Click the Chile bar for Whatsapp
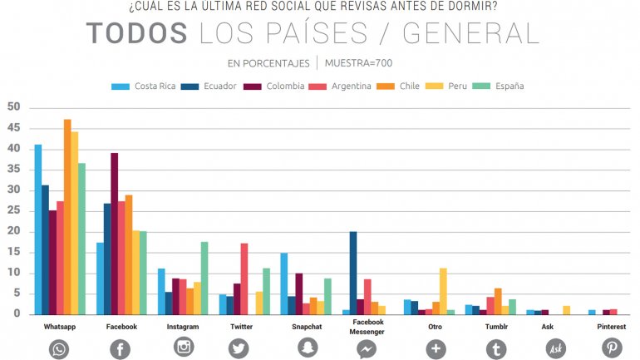(67, 217)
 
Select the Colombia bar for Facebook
(115, 234)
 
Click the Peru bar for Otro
(443, 291)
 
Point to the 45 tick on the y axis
(13, 128)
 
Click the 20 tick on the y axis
(13, 232)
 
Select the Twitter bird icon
(239, 348)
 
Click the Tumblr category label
(498, 328)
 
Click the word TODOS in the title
(137, 33)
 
